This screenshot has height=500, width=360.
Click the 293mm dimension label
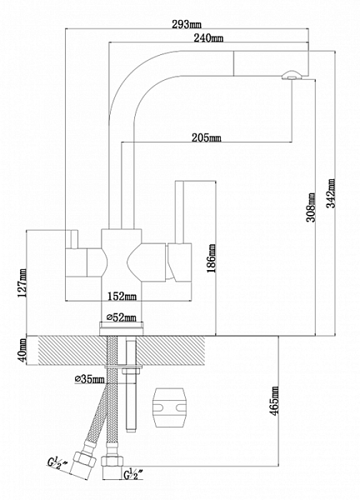(x=187, y=24)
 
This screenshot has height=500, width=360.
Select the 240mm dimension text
(x=208, y=38)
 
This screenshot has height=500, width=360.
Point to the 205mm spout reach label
(x=207, y=137)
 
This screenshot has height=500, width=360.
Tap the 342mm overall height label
(x=332, y=193)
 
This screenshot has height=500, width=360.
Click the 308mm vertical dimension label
(x=311, y=207)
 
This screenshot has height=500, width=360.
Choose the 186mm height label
(x=212, y=258)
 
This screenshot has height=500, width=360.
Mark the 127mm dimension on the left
(x=22, y=282)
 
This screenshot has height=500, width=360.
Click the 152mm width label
(x=122, y=296)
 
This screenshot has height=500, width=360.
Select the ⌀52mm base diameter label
(x=121, y=317)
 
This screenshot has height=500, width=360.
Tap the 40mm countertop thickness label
(x=22, y=351)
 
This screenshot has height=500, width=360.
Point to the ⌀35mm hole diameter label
(x=89, y=379)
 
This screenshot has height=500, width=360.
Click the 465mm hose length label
(x=274, y=401)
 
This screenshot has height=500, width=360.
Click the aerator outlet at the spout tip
(x=290, y=75)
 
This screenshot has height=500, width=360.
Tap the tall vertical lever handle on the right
(x=179, y=212)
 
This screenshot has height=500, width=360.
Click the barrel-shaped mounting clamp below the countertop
(x=169, y=407)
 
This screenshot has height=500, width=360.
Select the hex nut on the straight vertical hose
(x=112, y=462)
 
